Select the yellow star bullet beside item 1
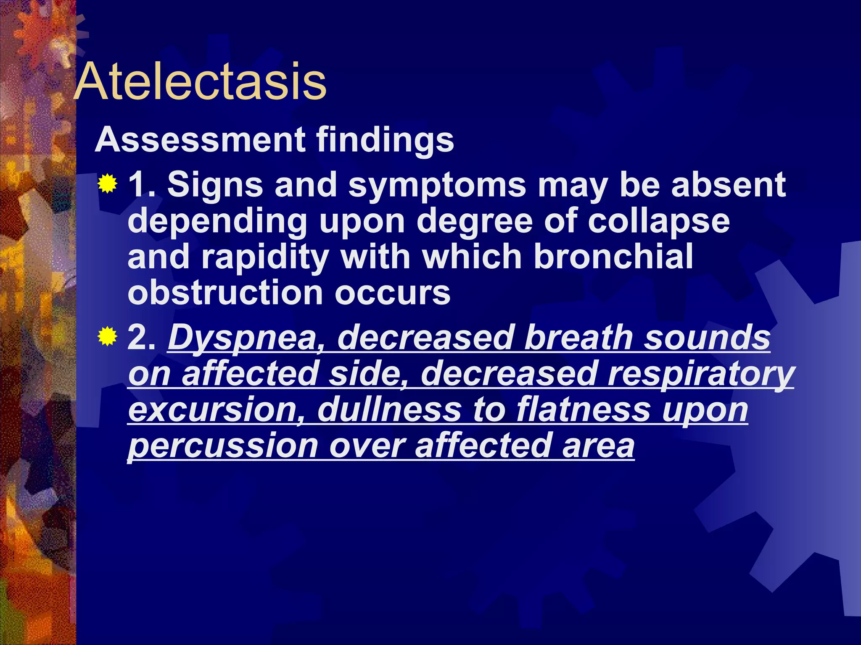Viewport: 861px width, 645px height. click(107, 184)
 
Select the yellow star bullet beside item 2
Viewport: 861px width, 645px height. click(107, 336)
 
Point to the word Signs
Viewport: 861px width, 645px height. click(215, 185)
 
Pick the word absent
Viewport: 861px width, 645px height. click(728, 185)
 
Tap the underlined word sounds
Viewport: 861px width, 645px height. click(707, 337)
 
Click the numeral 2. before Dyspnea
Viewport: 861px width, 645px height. click(141, 337)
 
